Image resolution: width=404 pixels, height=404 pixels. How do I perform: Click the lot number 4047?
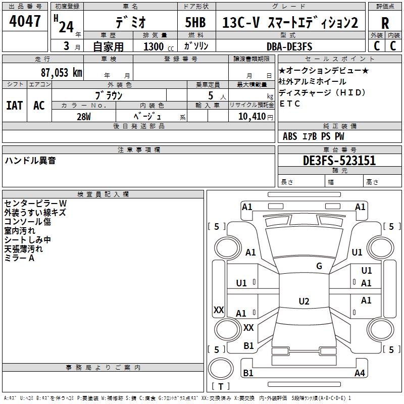click(x=25, y=21)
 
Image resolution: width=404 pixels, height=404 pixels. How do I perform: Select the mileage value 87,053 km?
click(x=61, y=72)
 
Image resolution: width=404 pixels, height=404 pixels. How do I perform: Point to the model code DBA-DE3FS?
click(x=289, y=46)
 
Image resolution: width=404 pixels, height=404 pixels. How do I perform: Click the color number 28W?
click(x=84, y=116)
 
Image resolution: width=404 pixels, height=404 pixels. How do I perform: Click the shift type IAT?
click(x=14, y=105)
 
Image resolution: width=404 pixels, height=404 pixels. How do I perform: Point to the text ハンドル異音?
click(x=30, y=161)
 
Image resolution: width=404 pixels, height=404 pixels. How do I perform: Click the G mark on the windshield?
click(x=319, y=266)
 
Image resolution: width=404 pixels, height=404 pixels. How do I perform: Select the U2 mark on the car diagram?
click(x=304, y=301)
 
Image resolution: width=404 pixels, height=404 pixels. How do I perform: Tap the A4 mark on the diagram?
click(x=360, y=373)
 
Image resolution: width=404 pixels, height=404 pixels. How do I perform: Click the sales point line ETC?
click(x=289, y=104)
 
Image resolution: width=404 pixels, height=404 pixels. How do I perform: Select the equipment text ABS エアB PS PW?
click(x=314, y=136)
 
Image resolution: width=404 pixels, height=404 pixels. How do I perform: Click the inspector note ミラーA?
click(x=19, y=258)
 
